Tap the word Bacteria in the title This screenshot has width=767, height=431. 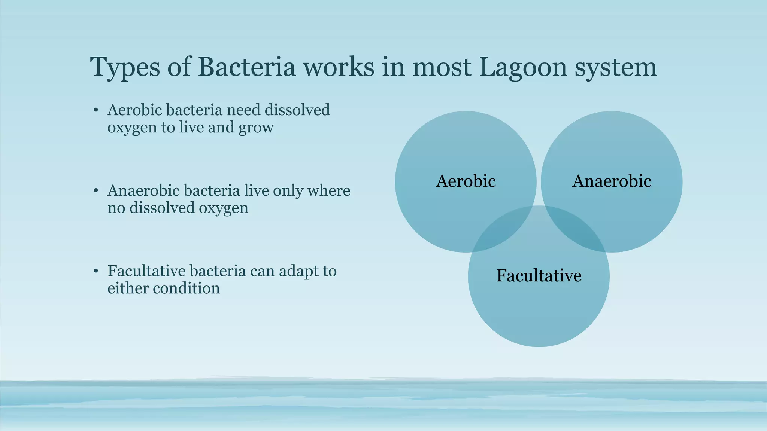(246, 67)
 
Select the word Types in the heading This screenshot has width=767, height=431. (124, 68)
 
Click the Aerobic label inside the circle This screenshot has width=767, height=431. (466, 181)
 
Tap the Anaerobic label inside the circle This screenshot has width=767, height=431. (611, 181)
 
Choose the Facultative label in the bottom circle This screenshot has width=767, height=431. (539, 276)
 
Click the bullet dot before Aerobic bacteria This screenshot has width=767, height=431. (96, 110)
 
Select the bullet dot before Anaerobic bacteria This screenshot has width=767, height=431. (96, 191)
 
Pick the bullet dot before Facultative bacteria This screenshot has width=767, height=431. (96, 271)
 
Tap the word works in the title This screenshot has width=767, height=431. (338, 67)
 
